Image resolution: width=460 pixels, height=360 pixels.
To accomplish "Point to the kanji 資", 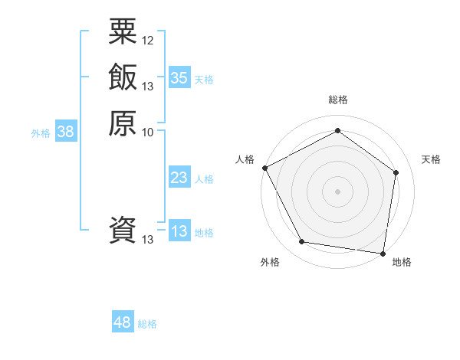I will click(123, 230).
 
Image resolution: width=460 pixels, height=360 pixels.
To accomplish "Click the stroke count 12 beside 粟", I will click(148, 40).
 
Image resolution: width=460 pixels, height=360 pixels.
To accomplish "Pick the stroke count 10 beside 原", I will click(148, 132).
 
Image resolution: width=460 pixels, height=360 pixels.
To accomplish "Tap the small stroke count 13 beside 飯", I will click(148, 86).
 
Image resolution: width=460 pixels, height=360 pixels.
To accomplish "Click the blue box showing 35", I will click(179, 77).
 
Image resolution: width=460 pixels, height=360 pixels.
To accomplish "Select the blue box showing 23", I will click(179, 178).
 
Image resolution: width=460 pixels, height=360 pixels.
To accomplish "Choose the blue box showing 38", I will click(66, 132).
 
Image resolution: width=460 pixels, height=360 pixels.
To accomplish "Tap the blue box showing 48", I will click(123, 322).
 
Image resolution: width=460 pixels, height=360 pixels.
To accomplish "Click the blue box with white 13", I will click(179, 231).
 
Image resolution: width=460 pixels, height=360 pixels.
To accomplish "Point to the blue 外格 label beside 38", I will click(41, 133).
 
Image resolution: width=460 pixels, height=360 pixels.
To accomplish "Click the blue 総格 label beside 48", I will click(147, 324).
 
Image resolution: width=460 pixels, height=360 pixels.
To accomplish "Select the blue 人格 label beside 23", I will click(204, 179).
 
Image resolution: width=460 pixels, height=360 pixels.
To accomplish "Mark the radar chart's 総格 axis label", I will click(337, 100).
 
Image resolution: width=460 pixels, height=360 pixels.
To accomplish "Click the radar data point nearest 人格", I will click(264, 168).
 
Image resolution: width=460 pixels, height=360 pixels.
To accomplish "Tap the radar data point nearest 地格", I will click(383, 253).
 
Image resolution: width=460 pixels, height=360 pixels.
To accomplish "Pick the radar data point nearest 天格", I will click(396, 172).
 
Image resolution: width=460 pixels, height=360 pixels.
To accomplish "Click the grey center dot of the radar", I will click(337, 191).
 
